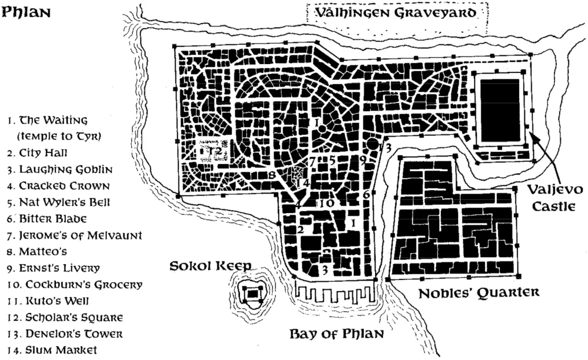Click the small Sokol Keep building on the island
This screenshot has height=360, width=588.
coord(253,292)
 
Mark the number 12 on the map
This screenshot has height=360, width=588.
coord(215,151)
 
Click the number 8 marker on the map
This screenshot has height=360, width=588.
coord(272,175)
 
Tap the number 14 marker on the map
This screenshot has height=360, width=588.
coord(302,183)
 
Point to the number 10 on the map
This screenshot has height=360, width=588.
coord(328,203)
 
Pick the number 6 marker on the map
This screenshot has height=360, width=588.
coord(366,195)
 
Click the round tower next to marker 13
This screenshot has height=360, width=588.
coord(372,143)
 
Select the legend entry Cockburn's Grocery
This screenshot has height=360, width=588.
coord(74,285)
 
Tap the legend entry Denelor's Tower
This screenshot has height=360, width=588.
coord(65,334)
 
